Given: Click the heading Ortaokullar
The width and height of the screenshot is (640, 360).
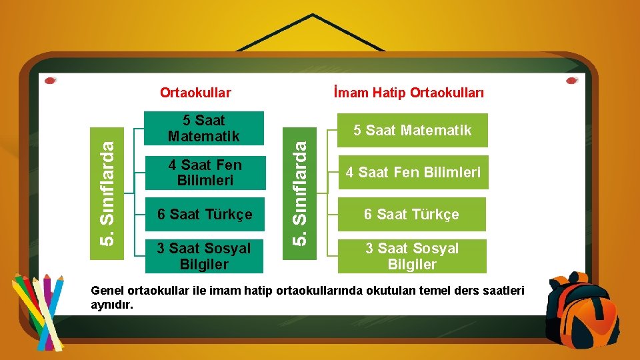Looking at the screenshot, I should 195,92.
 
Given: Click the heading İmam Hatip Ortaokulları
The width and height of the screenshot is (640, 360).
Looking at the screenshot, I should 407,92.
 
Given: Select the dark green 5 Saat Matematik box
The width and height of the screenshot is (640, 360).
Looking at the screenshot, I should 205,129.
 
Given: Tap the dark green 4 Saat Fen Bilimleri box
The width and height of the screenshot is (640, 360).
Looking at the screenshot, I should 205,173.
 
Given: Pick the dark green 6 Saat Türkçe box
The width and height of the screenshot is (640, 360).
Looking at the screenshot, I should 205,215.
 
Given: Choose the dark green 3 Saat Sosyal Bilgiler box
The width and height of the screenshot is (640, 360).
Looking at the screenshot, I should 205,256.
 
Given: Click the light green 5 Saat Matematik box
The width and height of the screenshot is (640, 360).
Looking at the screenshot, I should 412,131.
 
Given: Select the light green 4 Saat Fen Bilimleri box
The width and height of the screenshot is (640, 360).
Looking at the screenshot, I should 412,173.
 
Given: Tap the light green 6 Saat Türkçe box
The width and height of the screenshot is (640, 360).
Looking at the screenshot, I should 412,215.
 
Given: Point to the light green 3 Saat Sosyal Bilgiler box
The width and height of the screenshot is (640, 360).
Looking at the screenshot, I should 412,256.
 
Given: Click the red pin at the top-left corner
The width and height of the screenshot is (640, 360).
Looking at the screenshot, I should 50,81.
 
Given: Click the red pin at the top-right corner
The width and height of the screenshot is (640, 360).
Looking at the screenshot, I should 571,81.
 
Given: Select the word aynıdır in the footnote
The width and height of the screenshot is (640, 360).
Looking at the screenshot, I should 112,305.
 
